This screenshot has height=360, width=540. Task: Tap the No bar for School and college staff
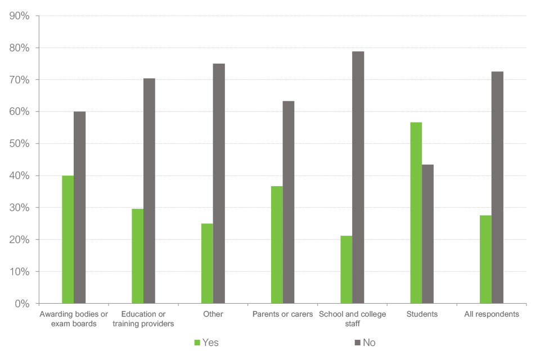pyautogui.click(x=358, y=177)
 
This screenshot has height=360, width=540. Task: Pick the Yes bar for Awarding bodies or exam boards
pyautogui.click(x=67, y=240)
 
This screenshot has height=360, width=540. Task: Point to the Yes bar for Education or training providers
pyautogui.click(x=137, y=256)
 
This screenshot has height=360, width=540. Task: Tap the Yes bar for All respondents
pyautogui.click(x=485, y=259)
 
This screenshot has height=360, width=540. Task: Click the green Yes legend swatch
pyautogui.click(x=197, y=342)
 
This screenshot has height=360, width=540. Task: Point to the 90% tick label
pyautogui.click(x=20, y=16)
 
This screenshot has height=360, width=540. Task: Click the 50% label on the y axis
pyautogui.click(x=20, y=143)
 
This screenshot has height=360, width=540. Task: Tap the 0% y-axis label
pyautogui.click(x=22, y=304)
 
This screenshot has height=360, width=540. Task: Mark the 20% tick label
pyautogui.click(x=20, y=240)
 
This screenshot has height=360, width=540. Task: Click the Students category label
pyautogui.click(x=422, y=314)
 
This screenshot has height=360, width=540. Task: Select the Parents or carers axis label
pyautogui.click(x=282, y=314)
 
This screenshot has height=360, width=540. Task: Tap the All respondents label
pyautogui.click(x=491, y=314)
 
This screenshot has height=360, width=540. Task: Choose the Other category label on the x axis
pyautogui.click(x=213, y=314)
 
